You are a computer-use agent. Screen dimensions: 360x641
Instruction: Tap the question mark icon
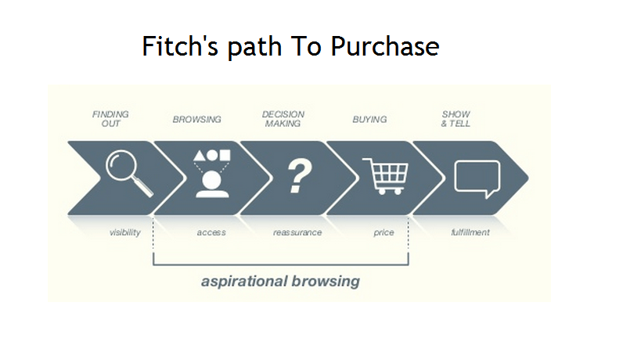click(x=296, y=176)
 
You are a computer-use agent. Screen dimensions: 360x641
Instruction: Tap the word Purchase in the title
click(x=384, y=47)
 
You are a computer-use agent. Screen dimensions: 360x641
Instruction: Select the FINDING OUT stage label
click(x=110, y=119)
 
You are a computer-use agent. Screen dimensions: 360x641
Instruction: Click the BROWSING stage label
click(x=196, y=120)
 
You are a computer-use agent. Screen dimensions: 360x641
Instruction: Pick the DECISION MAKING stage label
click(x=283, y=119)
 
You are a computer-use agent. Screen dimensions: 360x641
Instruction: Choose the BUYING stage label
click(x=369, y=120)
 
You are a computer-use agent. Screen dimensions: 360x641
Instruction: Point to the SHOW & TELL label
click(x=456, y=119)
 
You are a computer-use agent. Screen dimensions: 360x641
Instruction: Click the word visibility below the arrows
click(x=125, y=232)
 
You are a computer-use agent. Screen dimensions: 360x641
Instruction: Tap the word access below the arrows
click(x=211, y=232)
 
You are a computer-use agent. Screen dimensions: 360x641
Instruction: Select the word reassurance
click(x=297, y=232)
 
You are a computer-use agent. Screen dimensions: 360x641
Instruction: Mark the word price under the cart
click(x=384, y=232)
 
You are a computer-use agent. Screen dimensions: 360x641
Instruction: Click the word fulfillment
click(x=470, y=232)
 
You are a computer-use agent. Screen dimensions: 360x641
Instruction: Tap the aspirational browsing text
click(x=280, y=280)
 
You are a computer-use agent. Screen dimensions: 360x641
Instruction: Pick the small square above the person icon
click(x=225, y=155)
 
